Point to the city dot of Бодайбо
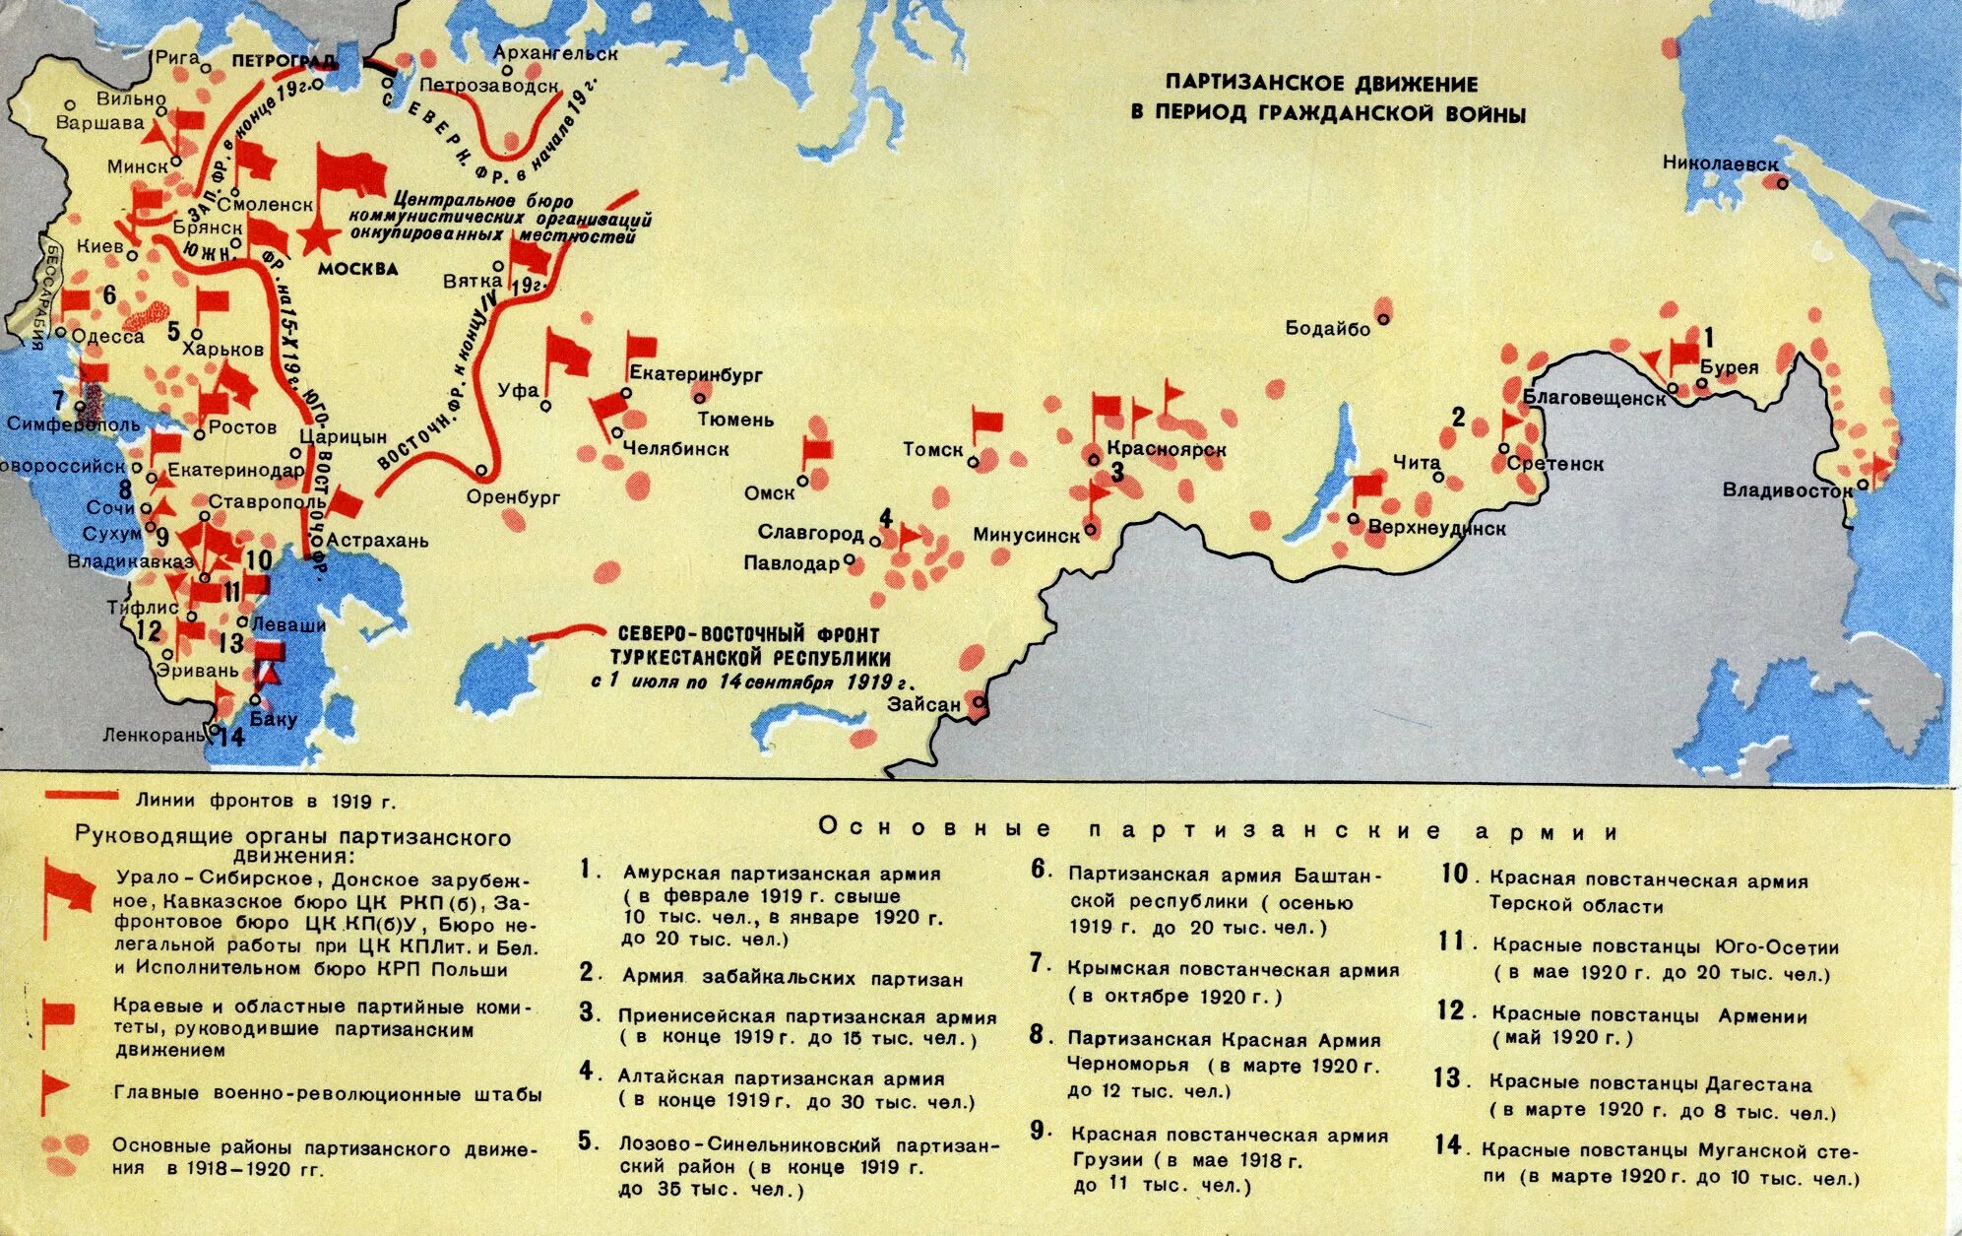coord(1383,318)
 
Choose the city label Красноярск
coord(1166,450)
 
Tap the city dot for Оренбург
coord(481,471)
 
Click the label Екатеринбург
coord(696,374)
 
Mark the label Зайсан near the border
coord(923,705)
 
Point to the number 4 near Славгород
coord(885,519)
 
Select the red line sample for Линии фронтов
coord(83,794)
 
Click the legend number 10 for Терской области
coord(1454,875)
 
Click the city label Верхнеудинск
coord(1437,529)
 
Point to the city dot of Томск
coord(973,461)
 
